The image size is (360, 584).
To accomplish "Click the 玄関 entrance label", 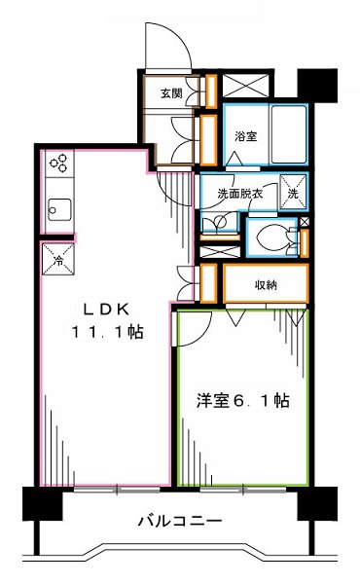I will tap(172, 93).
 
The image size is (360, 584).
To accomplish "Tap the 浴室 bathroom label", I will tap(246, 137).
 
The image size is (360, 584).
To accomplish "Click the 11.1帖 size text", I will tap(107, 333).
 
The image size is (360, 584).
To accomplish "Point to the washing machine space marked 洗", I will tap(292, 190).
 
